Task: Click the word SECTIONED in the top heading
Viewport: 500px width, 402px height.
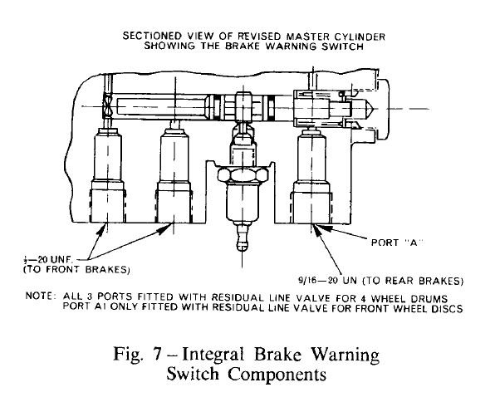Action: tap(153, 37)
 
